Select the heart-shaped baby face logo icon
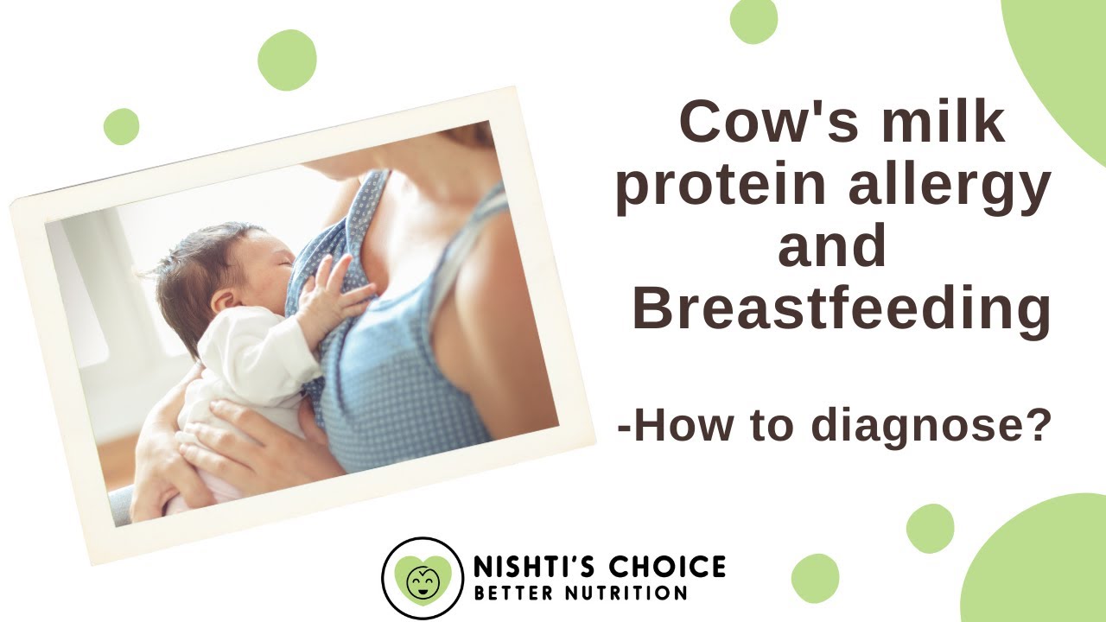coord(423,578)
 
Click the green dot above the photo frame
coord(287,60)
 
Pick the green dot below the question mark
coord(930,528)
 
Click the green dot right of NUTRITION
coord(815,578)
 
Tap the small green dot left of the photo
coord(121,126)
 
